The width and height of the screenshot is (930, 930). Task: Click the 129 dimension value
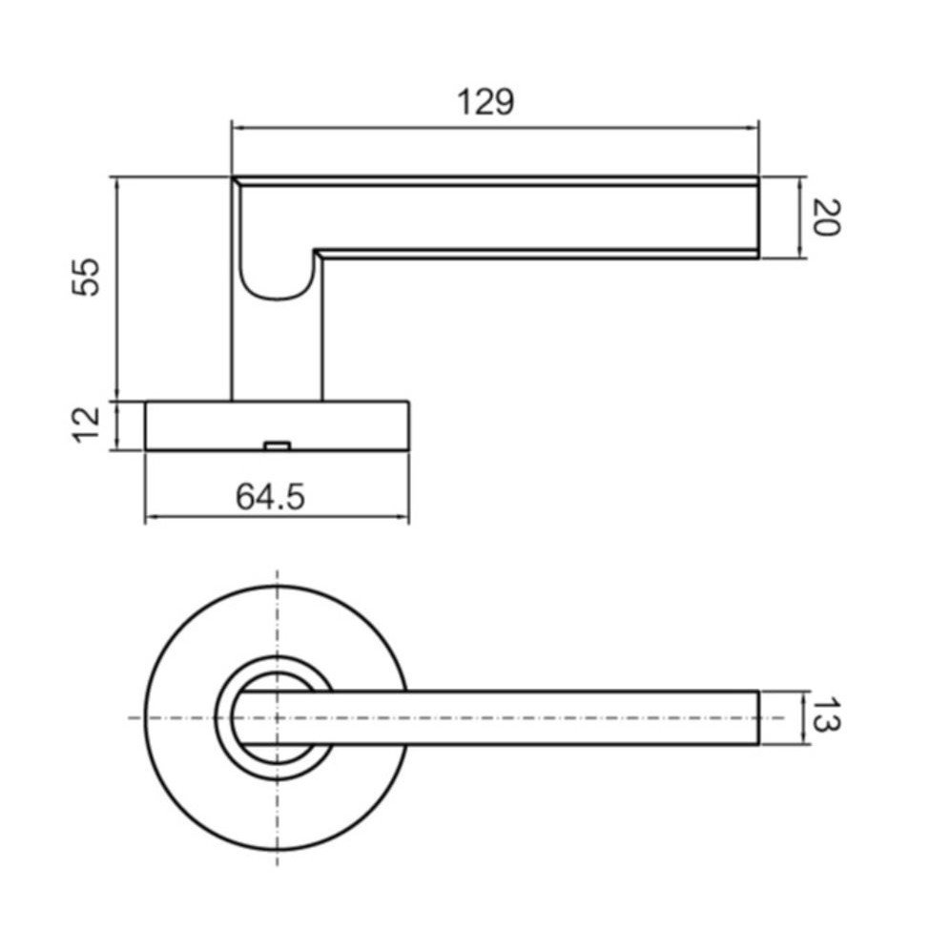tap(486, 102)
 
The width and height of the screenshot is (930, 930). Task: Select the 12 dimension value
tap(87, 424)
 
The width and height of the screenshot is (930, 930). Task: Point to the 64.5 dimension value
tap(271, 497)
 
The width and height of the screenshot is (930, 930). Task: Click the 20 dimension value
tap(826, 217)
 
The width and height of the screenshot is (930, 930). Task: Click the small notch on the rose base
tap(278, 445)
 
